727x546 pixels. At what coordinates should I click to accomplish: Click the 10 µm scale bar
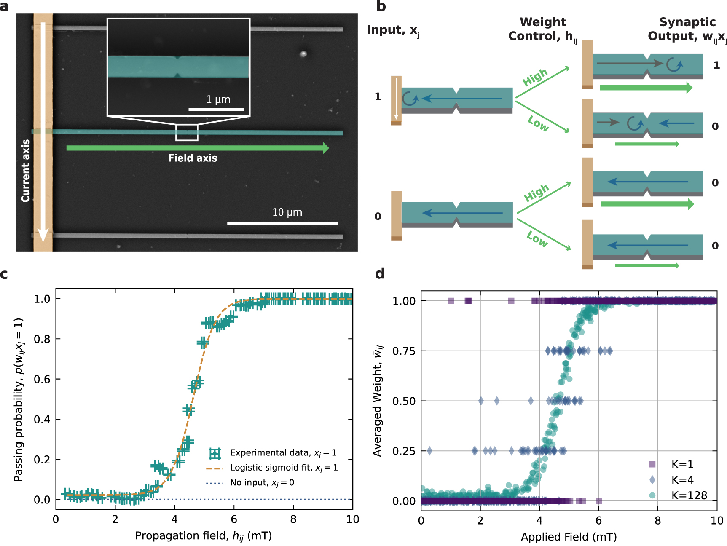pos(282,223)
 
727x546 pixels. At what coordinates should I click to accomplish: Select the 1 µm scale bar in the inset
pos(216,110)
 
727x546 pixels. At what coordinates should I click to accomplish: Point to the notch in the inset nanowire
pos(178,67)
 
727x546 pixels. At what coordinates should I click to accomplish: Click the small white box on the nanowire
pos(187,132)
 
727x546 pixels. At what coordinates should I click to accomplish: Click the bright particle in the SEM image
pos(303,54)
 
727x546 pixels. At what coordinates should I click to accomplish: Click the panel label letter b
pos(381,6)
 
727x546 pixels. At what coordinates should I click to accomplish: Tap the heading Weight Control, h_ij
pos(542,29)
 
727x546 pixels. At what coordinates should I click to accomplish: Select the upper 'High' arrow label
pos(535,77)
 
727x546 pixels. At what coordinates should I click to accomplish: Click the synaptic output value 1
pos(716,65)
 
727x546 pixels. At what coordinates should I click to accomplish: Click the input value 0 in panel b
pos(378,217)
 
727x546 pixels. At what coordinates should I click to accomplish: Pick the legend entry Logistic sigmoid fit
pos(284,468)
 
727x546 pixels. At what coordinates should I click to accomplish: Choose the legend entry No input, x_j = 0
pos(262,483)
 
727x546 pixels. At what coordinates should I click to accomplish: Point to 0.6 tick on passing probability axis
pos(42,379)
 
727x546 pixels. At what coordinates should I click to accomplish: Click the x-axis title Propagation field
pos(203,536)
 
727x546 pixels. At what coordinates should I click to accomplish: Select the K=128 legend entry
pos(689,495)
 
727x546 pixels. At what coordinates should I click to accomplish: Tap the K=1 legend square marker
pos(652,464)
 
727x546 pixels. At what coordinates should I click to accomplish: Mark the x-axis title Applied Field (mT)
pos(569,537)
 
